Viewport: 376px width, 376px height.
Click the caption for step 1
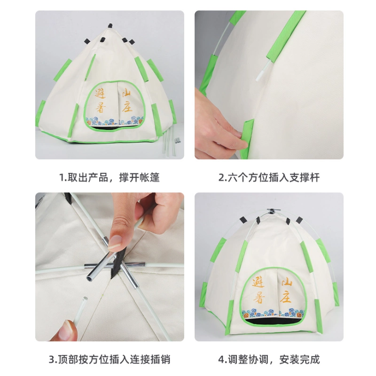110,178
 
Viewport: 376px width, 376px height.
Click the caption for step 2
269,178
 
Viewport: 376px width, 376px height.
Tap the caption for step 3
110,360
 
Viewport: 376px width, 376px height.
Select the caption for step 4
269,360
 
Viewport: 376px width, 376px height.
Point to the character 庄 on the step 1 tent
127,107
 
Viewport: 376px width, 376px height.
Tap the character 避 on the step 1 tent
100,94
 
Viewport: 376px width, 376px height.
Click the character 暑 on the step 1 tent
101,107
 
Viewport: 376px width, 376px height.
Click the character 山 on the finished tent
287,282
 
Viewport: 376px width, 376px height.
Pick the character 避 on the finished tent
258,282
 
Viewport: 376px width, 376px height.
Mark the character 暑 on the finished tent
259,298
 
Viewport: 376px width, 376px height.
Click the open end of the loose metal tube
90,278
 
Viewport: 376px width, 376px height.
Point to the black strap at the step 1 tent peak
110,25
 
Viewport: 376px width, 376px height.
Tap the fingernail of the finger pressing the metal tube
115,243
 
